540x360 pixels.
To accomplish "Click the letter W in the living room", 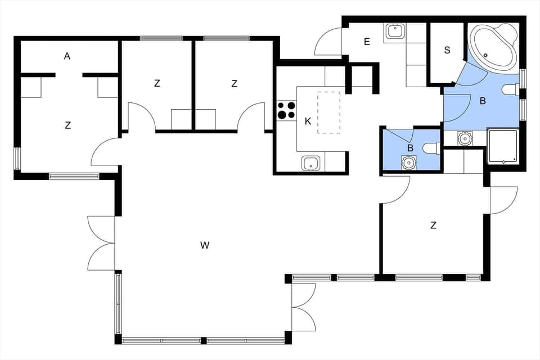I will point(205,245).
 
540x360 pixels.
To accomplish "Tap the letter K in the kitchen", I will point(308,121).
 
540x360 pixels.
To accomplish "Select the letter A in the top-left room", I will point(67,56).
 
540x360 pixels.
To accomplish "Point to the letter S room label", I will point(447,50).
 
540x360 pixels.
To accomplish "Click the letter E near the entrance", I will point(367,42).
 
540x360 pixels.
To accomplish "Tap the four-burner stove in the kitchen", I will point(286,110).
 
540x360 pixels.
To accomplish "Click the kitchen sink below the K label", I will point(311,164).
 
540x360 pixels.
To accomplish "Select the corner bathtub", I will point(493,48).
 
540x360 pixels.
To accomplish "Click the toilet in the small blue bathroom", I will point(431,148).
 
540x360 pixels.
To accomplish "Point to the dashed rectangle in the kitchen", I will point(329,112).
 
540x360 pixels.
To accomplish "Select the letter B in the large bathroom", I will point(482,102).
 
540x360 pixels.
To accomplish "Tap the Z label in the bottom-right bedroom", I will point(433,226).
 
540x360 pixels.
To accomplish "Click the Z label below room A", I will point(68,125).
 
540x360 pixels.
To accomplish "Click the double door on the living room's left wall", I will point(101,243).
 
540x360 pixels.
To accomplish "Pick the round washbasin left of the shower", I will point(465,138).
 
